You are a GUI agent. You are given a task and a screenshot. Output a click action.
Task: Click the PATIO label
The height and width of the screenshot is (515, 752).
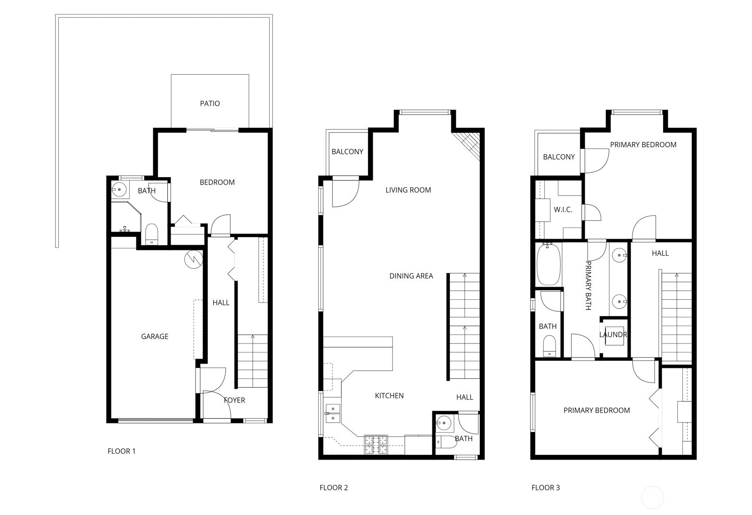(x=210, y=103)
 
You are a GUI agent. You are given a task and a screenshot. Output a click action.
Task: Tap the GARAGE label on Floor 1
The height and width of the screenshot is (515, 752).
(x=155, y=336)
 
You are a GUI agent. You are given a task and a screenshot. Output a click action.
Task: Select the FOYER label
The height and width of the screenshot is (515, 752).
(x=235, y=400)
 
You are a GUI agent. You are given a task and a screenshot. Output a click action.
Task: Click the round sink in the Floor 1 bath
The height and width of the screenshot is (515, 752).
(x=119, y=190)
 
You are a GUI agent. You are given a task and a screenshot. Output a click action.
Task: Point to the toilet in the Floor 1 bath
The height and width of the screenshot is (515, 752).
(x=152, y=234)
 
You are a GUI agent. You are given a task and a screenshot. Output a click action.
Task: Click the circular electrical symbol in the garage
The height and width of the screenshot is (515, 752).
(x=193, y=259)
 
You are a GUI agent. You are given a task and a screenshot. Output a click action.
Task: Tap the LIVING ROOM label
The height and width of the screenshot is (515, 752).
(x=408, y=190)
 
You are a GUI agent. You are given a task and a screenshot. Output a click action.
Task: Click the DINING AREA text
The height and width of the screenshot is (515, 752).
(x=411, y=276)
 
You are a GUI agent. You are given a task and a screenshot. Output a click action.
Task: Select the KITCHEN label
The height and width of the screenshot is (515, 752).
(x=389, y=396)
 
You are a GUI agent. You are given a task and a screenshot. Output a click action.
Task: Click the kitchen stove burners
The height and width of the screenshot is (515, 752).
(x=376, y=445)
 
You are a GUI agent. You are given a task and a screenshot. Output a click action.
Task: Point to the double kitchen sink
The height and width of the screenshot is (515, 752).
(x=333, y=414)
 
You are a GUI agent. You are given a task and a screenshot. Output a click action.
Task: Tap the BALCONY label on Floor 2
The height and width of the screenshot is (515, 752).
(x=347, y=152)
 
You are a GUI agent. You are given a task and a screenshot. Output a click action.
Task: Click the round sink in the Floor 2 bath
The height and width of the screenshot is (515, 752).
(x=444, y=423)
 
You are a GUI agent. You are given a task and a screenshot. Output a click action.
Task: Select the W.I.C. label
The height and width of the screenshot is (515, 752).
(x=563, y=210)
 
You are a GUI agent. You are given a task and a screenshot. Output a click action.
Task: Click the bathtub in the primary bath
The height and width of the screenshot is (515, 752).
(x=548, y=265)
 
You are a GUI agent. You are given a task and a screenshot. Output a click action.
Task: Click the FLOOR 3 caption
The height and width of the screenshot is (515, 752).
(x=546, y=488)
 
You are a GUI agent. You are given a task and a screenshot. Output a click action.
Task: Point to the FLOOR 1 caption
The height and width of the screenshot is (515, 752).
(x=122, y=451)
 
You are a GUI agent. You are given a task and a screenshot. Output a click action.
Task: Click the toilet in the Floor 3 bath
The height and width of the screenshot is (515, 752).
(x=549, y=346)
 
